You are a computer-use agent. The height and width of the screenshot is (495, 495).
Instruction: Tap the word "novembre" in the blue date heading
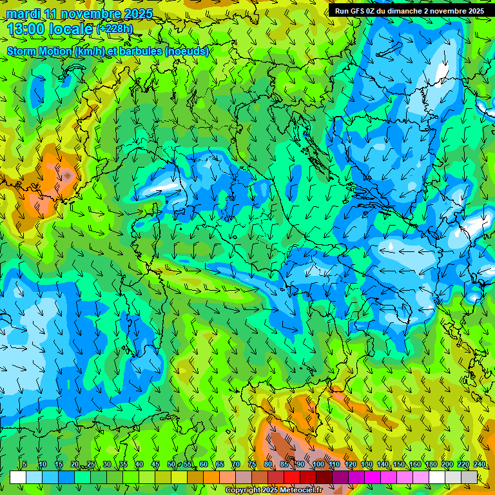(x=92, y=14)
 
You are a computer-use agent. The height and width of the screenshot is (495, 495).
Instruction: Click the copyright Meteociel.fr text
(x=273, y=490)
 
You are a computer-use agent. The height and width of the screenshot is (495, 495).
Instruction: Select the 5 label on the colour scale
(x=24, y=464)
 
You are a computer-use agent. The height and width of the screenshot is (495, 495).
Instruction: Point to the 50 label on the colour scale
(x=171, y=464)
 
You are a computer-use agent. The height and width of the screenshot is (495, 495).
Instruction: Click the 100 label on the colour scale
(x=318, y=464)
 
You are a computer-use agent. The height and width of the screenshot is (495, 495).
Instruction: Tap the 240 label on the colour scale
(x=479, y=464)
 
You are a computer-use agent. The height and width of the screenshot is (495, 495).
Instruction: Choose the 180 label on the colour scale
(x=431, y=464)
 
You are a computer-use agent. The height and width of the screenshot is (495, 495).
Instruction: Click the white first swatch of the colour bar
(x=18, y=477)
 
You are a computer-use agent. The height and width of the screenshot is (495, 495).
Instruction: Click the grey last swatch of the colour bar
(x=469, y=477)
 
